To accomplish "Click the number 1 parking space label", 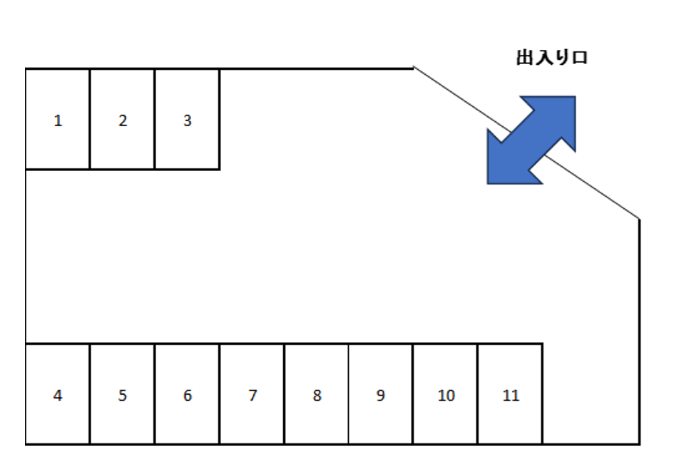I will pyautogui.click(x=58, y=120).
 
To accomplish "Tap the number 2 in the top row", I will pyautogui.click(x=123, y=120).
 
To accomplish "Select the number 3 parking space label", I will pyautogui.click(x=187, y=120).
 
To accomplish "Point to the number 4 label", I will pyautogui.click(x=58, y=395).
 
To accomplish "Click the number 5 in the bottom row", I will pyautogui.click(x=123, y=395).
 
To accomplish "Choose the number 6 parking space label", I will pyautogui.click(x=187, y=395).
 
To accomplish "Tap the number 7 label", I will pyautogui.click(x=252, y=395).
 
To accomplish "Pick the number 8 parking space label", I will pyautogui.click(x=317, y=395).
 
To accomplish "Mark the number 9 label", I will pyautogui.click(x=380, y=395).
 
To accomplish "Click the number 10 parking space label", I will pyautogui.click(x=446, y=395).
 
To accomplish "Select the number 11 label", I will pyautogui.click(x=511, y=395).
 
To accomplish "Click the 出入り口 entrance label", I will pyautogui.click(x=551, y=58).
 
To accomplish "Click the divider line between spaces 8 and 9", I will pyautogui.click(x=349, y=393).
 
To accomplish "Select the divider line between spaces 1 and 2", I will pyautogui.click(x=90, y=119).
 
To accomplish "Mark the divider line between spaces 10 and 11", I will pyautogui.click(x=478, y=393).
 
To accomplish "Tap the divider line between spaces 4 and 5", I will pyautogui.click(x=90, y=393).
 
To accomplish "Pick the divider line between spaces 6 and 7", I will pyautogui.click(x=220, y=393).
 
